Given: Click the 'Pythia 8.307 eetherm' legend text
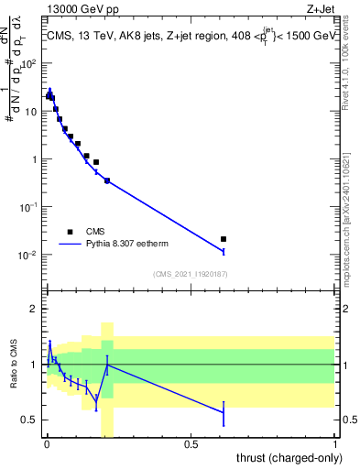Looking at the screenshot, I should [129, 245].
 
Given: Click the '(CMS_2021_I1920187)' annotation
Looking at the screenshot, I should [190, 274].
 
